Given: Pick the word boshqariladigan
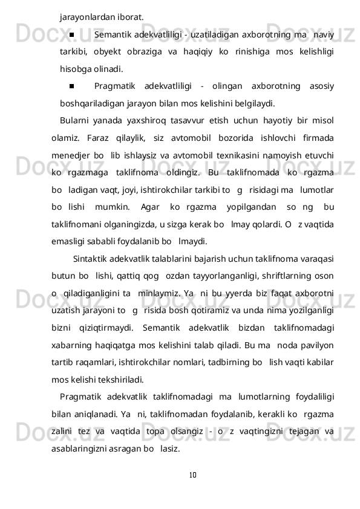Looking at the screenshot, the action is [x=91, y=102].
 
